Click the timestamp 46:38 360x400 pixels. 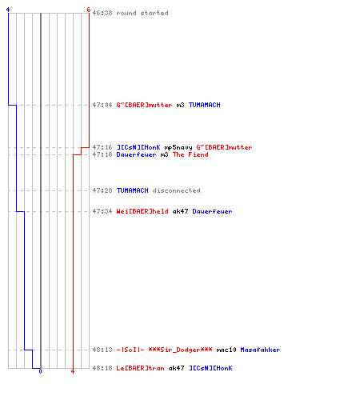102,13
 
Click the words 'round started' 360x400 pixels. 142,13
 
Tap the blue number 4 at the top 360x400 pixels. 8,10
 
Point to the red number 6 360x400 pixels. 89,10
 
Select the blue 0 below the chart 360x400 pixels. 40,371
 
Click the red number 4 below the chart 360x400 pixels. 73,371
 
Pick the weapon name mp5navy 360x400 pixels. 178,147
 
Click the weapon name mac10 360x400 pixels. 226,350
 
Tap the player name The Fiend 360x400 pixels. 190,154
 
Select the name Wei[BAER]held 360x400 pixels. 142,211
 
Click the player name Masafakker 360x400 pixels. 260,350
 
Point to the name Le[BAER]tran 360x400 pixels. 140,368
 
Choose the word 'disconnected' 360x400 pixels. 176,190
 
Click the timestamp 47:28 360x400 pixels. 102,190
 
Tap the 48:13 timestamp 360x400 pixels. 102,350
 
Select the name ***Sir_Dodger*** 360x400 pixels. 180,350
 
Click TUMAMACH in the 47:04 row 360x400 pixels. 205,105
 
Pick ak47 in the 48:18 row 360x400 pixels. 176,368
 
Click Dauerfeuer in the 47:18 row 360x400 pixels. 136,154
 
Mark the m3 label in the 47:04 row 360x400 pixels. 180,105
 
